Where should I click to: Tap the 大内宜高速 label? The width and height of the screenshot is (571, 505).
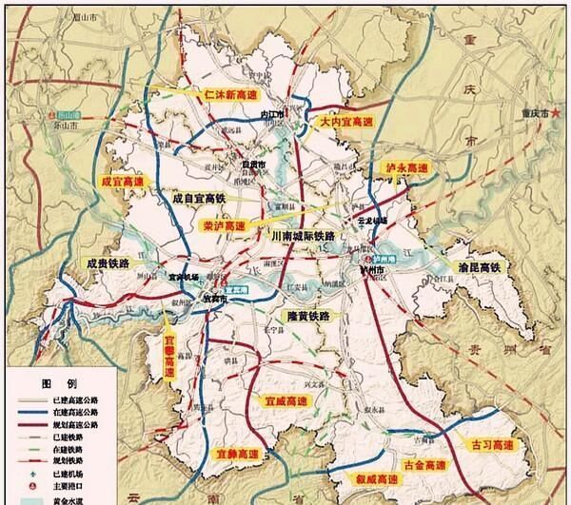(345, 124)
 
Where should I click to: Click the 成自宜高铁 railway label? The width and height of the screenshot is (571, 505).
(202, 200)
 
